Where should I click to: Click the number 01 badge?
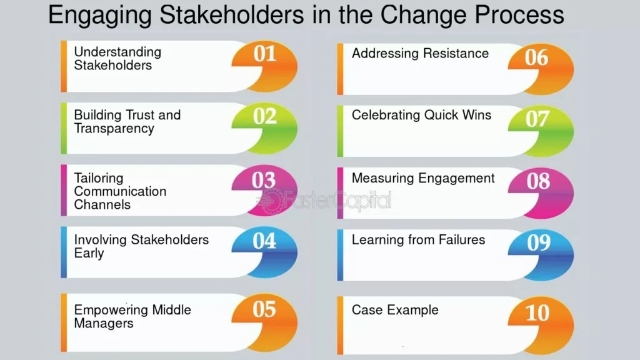[x=265, y=65]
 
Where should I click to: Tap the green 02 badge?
[x=265, y=127]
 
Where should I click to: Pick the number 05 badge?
[x=265, y=322]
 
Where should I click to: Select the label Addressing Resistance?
[x=420, y=53]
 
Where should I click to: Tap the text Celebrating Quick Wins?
[x=421, y=115]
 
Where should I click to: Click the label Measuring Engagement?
[x=423, y=178]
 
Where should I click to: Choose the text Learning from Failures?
[x=418, y=239]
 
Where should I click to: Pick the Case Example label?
[x=395, y=310]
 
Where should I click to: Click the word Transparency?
[x=114, y=129]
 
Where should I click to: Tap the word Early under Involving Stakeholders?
[x=89, y=254]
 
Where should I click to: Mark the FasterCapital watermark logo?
[x=324, y=201]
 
